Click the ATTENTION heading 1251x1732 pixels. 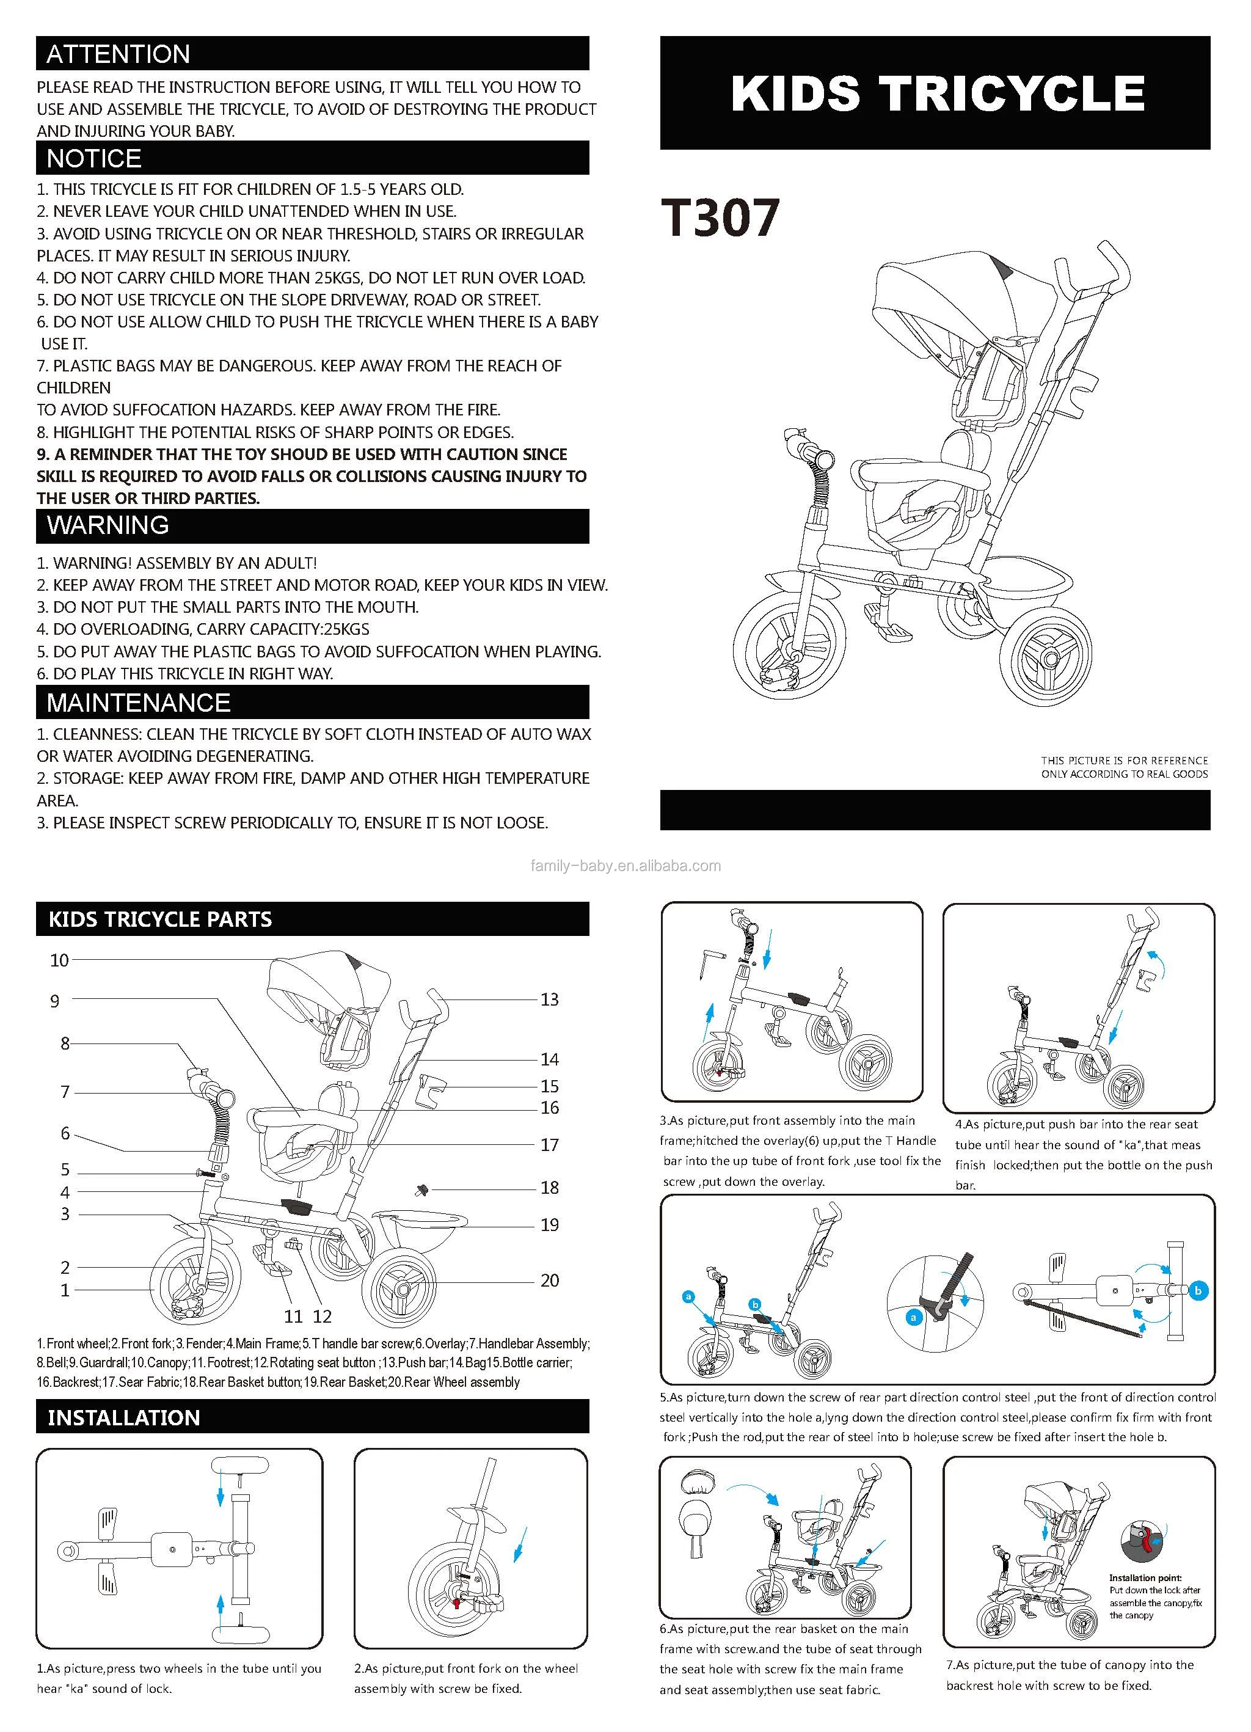119,54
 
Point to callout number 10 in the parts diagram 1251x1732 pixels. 60,960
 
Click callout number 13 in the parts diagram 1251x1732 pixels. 549,999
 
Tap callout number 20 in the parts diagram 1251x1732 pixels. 549,1281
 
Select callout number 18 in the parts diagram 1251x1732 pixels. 549,1188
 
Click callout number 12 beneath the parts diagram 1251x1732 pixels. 323,1317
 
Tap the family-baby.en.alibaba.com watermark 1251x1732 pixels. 625,866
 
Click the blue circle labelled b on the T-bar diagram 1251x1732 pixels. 1197,1290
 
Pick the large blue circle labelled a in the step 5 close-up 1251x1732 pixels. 913,1317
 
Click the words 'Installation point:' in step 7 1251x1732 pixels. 1145,1577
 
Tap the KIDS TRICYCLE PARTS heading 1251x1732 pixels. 161,919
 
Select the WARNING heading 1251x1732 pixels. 108,525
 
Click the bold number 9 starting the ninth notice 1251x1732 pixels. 43,455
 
